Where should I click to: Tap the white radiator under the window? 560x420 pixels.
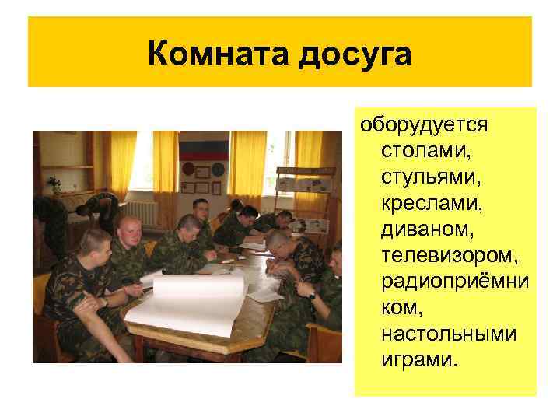coord(141,212)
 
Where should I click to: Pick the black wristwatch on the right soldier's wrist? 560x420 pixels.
coord(311,295)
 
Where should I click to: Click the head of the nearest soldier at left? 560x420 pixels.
coord(93,246)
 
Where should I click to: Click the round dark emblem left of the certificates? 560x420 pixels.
coord(187,169)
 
